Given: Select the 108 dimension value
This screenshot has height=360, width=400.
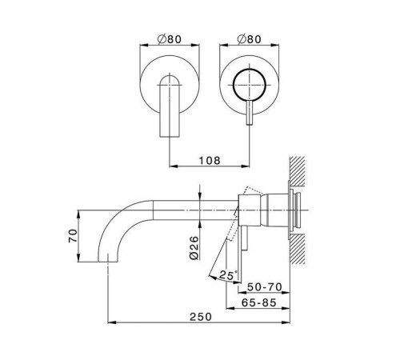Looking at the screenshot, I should coord(209,159).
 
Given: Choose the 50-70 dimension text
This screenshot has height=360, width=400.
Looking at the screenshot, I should coord(264,286).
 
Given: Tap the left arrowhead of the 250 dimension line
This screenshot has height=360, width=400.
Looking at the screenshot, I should coord(110,323).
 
